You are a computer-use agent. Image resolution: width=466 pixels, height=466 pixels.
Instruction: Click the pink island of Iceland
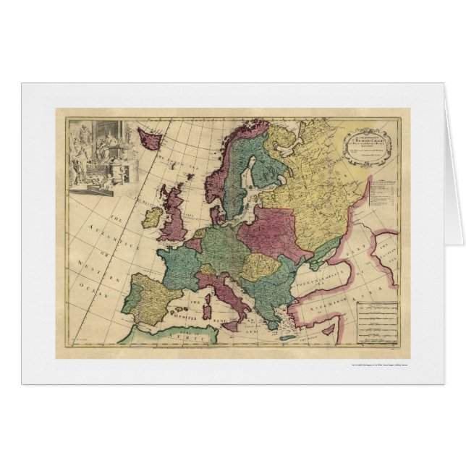point(149,136)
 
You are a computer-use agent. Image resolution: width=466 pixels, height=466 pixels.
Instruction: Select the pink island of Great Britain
point(176,217)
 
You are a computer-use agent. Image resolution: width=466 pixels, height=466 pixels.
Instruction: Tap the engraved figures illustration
point(102,156)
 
